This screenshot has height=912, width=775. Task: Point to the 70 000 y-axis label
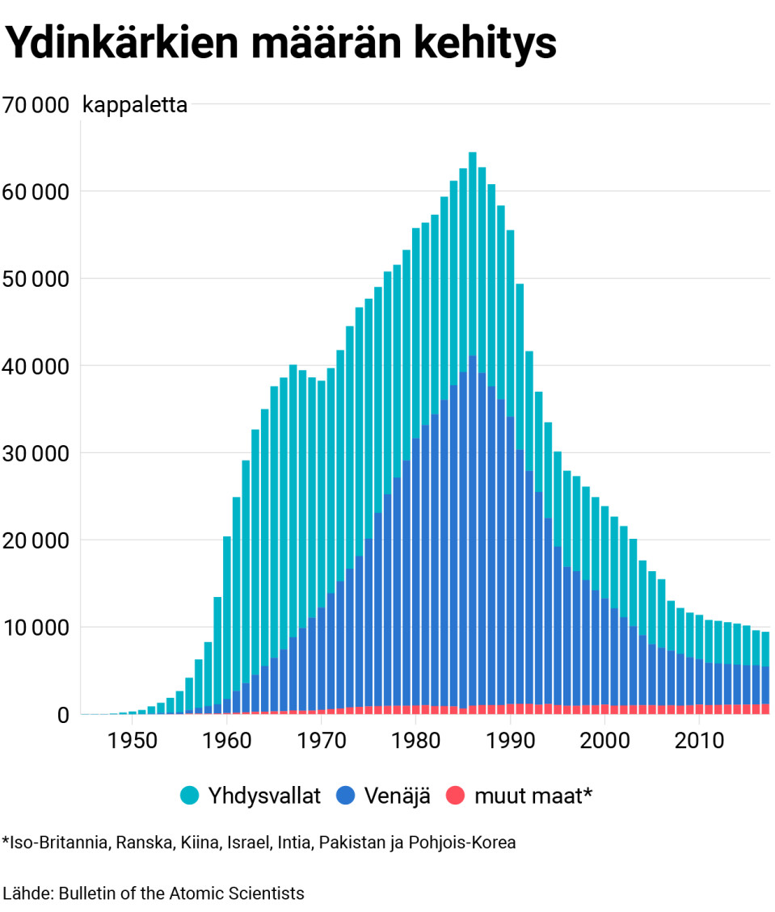click(x=36, y=105)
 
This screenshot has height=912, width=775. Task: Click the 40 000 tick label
click(x=36, y=366)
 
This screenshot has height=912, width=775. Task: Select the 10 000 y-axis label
click(x=36, y=628)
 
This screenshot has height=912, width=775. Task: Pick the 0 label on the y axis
click(x=63, y=715)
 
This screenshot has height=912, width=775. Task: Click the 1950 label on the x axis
click(x=133, y=741)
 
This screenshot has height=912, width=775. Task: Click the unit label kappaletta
click(x=135, y=105)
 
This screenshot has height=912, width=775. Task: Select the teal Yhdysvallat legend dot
click(x=190, y=796)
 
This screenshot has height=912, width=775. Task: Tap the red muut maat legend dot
click(x=457, y=796)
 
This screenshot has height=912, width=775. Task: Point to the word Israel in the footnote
click(x=251, y=843)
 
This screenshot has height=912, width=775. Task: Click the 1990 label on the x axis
click(x=510, y=741)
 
